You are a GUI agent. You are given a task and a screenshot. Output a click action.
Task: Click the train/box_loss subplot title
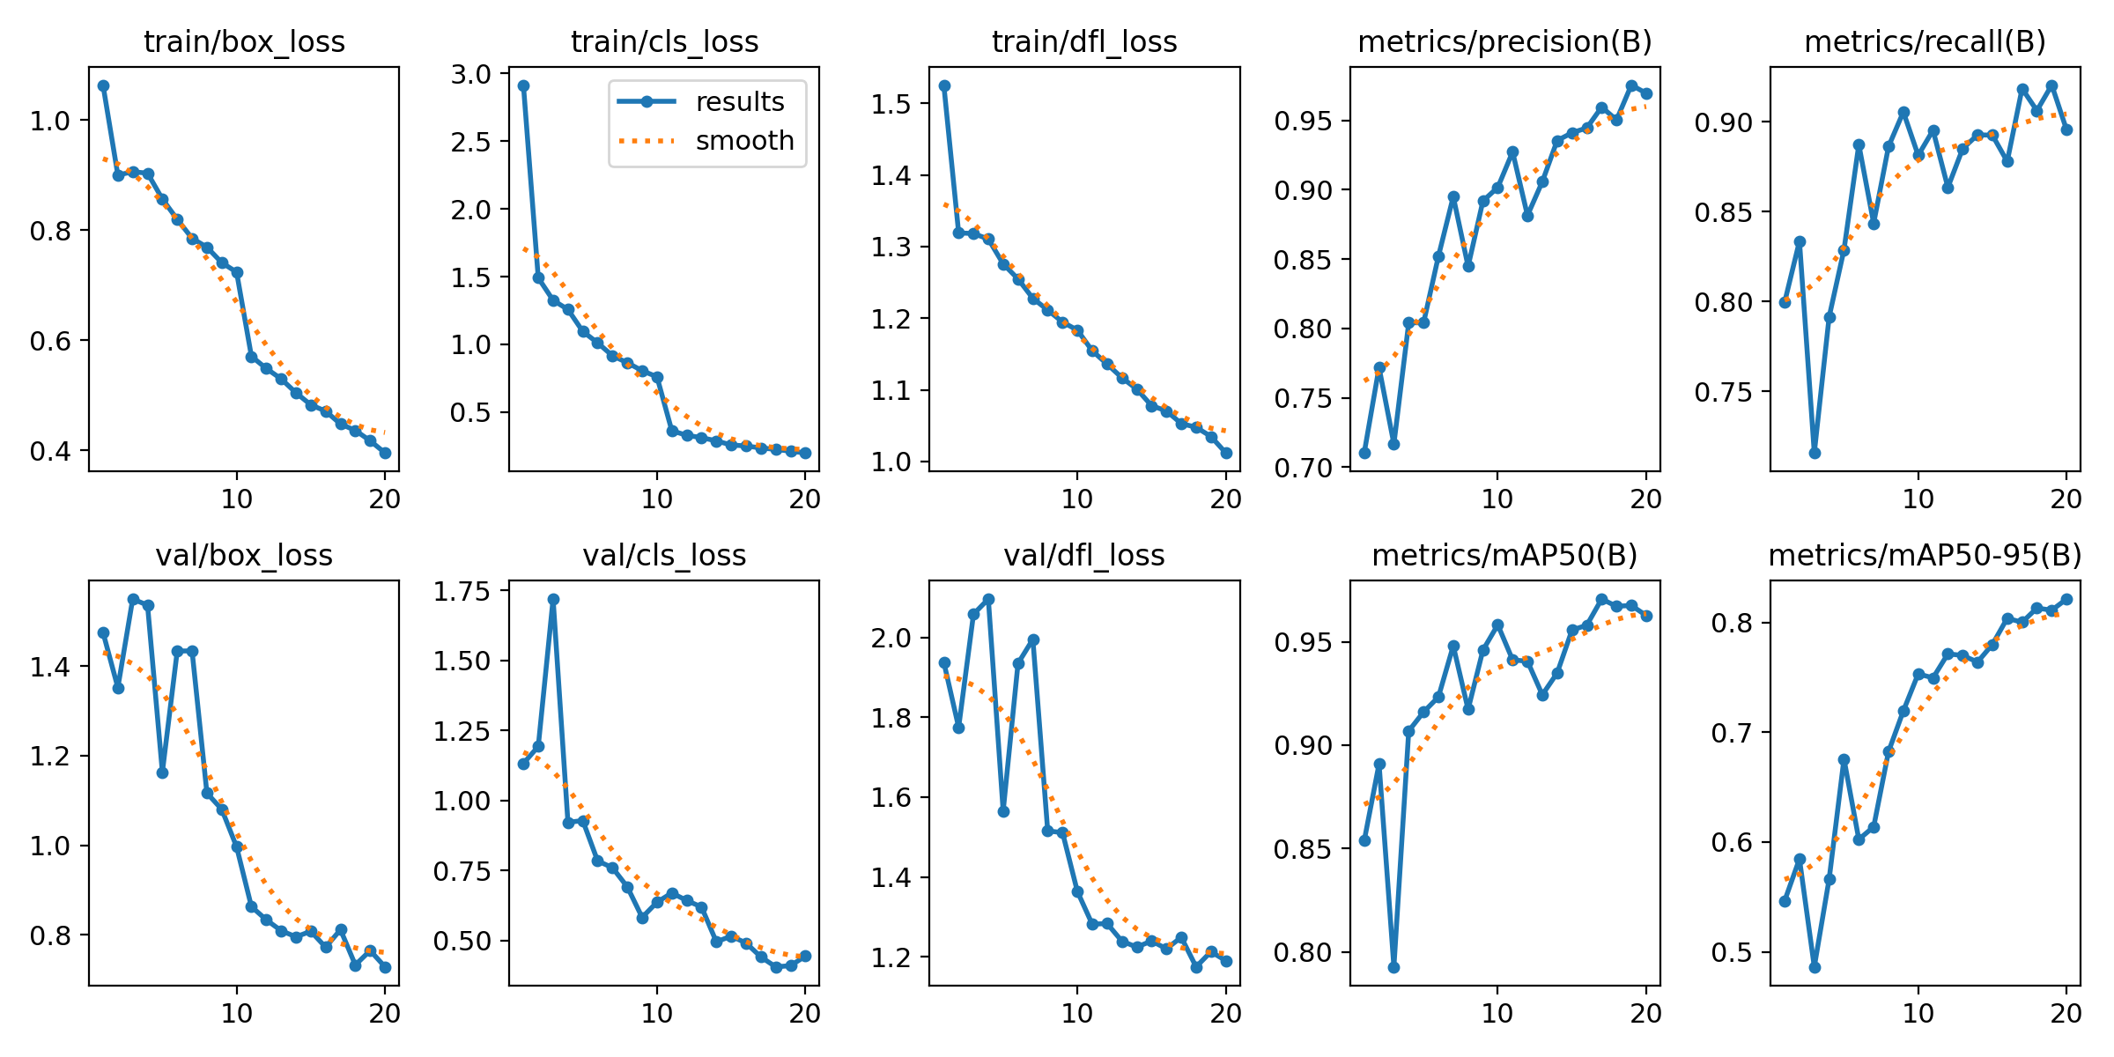coord(244,41)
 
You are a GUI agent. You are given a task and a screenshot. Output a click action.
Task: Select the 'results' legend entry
coord(739,102)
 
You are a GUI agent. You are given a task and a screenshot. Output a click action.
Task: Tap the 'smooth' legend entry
coord(744,141)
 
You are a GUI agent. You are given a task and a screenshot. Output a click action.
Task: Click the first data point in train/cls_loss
coord(523,85)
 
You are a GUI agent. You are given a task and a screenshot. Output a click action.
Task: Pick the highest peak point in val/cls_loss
coord(553,599)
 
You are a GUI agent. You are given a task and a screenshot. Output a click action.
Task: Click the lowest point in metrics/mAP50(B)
coord(1393,967)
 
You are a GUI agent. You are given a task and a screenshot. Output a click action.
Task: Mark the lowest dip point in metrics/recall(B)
coord(1815,453)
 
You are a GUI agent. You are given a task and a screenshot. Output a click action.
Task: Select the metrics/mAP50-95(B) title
coord(1925,555)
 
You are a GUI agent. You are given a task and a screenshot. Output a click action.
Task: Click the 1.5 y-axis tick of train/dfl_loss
coord(891,104)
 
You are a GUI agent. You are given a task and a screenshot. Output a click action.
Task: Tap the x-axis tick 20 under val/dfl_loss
coord(1225,1014)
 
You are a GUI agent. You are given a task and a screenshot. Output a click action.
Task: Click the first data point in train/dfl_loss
coord(944,85)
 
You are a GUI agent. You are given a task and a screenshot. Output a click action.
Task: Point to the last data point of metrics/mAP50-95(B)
coord(2066,599)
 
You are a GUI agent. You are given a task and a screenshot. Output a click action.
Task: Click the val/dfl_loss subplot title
coord(1084,555)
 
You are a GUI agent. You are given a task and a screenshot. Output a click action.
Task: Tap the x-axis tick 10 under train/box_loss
coord(236,499)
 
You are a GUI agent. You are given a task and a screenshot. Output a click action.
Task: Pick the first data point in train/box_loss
coord(103,85)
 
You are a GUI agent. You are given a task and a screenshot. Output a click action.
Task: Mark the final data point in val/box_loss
coord(385,967)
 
